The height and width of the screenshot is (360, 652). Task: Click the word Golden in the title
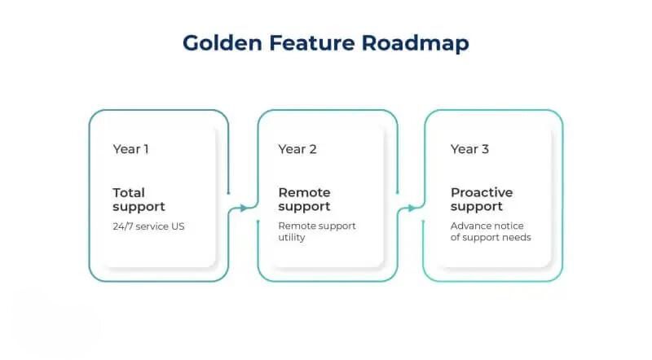[222, 43]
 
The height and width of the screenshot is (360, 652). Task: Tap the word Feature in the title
[312, 43]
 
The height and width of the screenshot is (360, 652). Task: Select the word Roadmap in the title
[416, 44]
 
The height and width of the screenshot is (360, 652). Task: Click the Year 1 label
[130, 149]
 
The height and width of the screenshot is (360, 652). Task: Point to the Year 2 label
[297, 149]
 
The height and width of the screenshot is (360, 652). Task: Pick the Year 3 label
[470, 149]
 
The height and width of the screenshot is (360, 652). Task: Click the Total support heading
[139, 200]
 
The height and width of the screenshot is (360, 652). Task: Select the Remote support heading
[304, 200]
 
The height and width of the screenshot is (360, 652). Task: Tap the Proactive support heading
[482, 200]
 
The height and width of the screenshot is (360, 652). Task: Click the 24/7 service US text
[148, 226]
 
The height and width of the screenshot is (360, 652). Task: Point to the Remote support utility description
[317, 231]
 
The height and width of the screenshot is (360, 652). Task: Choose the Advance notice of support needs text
[491, 231]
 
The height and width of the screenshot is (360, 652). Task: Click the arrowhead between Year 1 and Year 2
[244, 208]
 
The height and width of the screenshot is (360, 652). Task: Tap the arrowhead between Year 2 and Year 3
[412, 208]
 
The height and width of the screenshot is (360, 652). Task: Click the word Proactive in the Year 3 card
[482, 193]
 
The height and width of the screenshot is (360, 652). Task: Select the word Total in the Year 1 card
[129, 192]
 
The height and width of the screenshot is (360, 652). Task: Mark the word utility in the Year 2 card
[292, 237]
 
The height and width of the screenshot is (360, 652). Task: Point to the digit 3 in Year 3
[485, 149]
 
